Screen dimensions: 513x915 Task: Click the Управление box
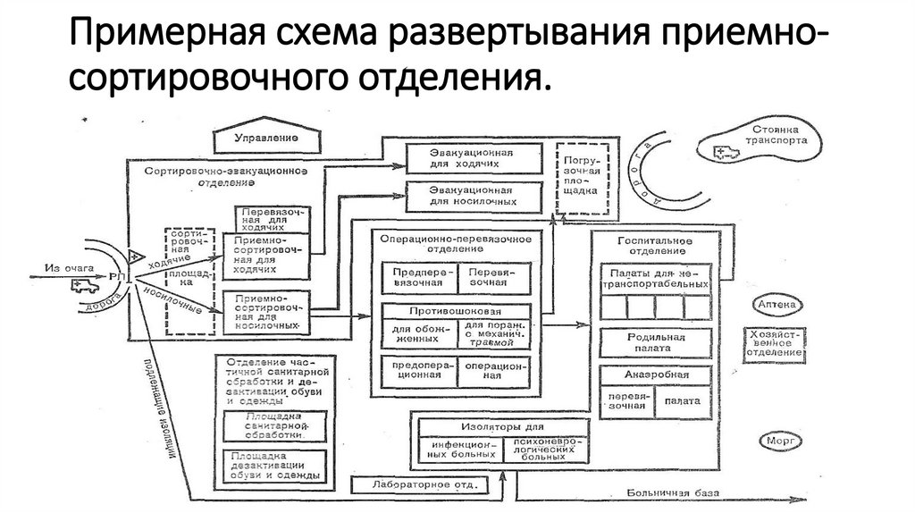click(266, 139)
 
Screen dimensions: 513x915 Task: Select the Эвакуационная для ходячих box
click(474, 157)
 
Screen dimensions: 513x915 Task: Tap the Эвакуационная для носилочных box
click(474, 197)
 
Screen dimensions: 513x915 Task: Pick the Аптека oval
click(776, 306)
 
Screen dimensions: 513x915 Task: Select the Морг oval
click(776, 440)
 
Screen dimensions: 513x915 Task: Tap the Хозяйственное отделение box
click(776, 341)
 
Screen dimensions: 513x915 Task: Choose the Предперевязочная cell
click(419, 275)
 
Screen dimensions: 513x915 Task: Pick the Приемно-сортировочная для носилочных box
click(268, 309)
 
